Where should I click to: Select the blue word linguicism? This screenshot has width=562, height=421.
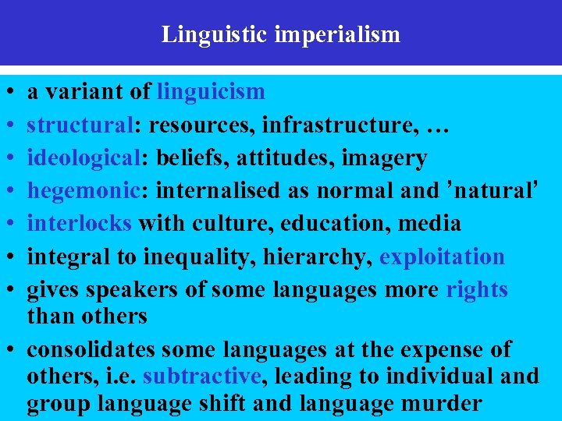point(211,92)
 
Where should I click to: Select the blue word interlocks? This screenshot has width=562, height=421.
point(79,224)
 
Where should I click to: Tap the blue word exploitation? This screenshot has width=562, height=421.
point(442,256)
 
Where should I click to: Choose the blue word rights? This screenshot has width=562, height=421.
point(477,290)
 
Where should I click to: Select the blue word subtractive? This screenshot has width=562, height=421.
point(201,377)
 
